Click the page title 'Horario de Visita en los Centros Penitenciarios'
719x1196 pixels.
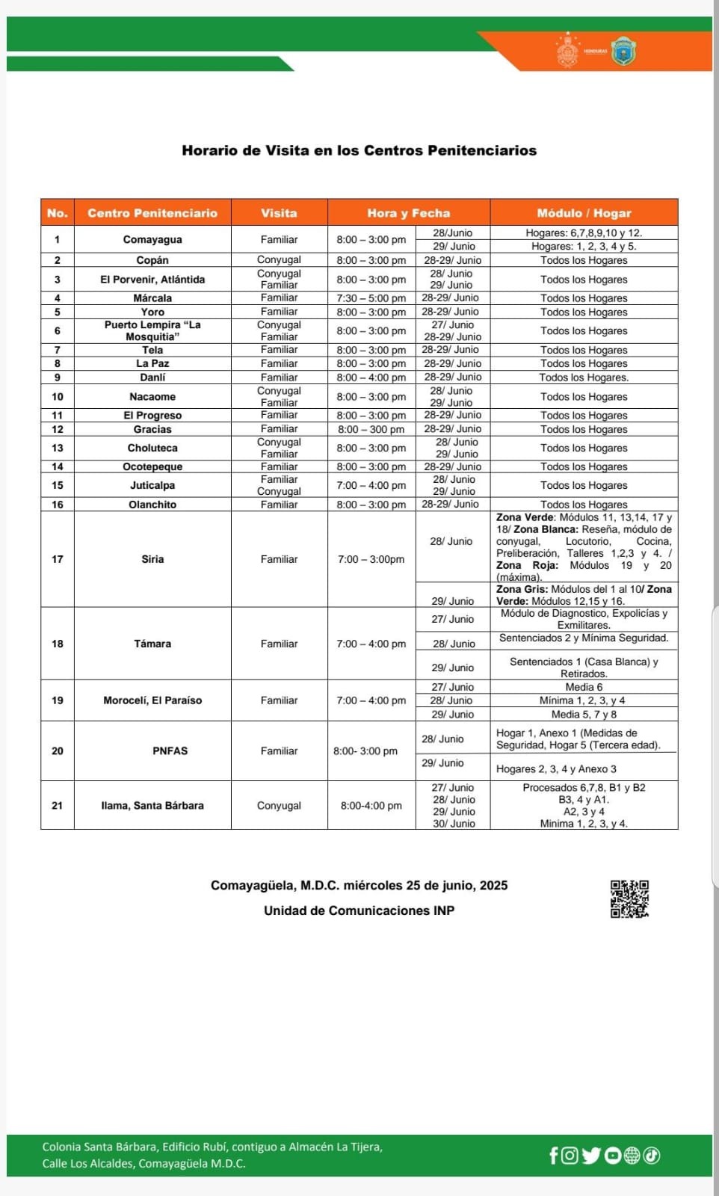359,150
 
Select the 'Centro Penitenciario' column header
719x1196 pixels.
152,213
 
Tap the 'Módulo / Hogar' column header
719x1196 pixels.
584,213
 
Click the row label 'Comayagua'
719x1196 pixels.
152,239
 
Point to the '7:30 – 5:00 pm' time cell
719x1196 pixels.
371,298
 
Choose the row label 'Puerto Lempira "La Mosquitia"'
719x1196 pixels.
152,330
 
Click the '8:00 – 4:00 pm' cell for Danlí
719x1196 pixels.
371,377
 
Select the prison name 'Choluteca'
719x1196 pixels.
152,448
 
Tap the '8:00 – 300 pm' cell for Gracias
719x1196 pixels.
371,429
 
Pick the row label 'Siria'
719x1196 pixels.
152,559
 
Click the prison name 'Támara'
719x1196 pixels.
152,644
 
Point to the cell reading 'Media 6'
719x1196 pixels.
584,687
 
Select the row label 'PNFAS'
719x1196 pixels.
170,750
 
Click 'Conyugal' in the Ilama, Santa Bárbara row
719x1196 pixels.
279,805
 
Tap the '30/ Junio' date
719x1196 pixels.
453,823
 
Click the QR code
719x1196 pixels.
629,898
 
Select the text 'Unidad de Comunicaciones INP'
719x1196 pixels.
359,910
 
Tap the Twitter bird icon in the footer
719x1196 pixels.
591,1156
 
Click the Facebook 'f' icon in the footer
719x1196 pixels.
554,1156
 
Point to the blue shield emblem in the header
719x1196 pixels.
623,52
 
